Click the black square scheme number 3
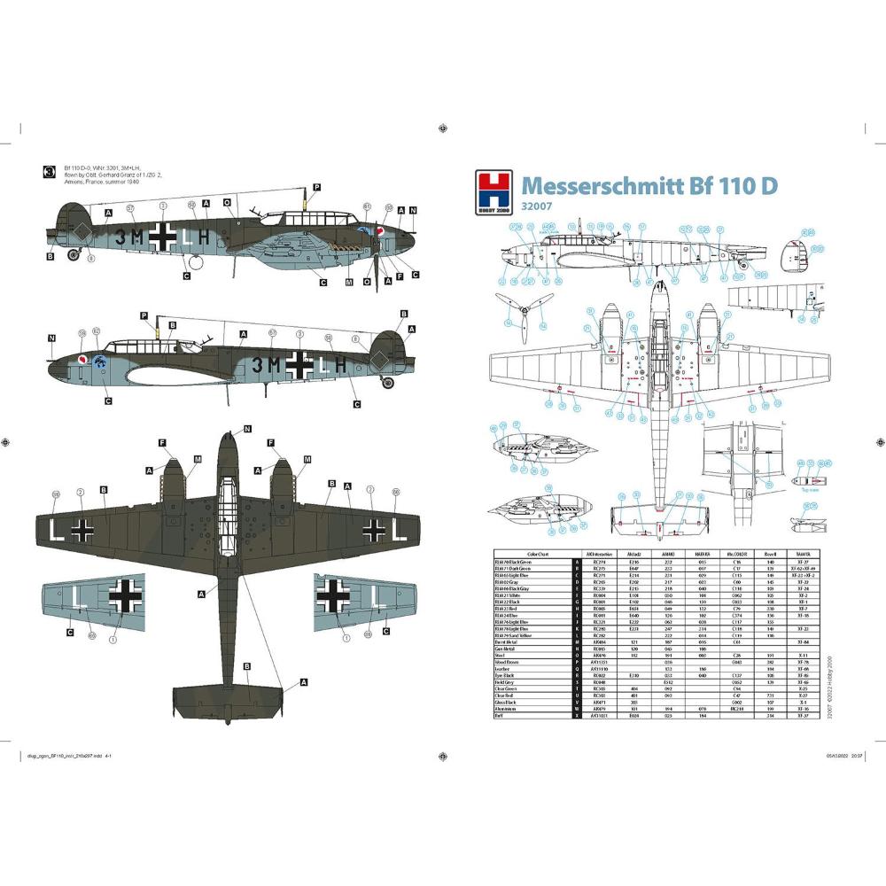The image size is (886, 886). click(49, 173)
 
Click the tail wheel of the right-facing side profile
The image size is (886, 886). click(74, 258)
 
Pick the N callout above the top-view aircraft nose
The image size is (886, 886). click(248, 428)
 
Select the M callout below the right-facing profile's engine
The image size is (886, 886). click(348, 283)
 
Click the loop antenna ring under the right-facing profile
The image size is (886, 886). click(194, 261)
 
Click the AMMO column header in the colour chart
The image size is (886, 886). click(666, 551)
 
